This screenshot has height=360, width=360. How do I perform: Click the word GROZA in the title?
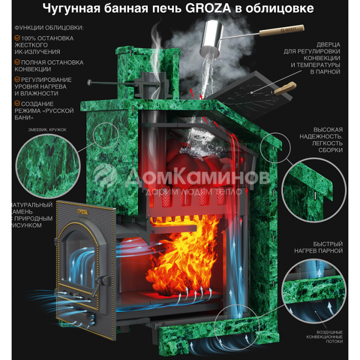pyautogui.click(x=208, y=8)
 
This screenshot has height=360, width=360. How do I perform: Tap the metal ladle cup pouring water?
pyautogui.click(x=212, y=38)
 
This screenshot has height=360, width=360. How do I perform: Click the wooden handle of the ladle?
pyautogui.click(x=282, y=30)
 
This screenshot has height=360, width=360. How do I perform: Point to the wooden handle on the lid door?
pyautogui.click(x=285, y=88)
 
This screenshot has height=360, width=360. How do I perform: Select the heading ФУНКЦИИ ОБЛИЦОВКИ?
pyautogui.click(x=49, y=28)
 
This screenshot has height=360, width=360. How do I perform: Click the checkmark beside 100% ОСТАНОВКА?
pyautogui.click(x=18, y=38)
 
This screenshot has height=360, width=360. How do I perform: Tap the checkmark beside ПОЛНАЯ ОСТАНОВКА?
pyautogui.click(x=18, y=62)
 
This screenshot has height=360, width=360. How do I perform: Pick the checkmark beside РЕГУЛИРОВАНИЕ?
pyautogui.click(x=18, y=79)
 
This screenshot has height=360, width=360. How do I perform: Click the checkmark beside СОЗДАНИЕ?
pyautogui.click(x=18, y=104)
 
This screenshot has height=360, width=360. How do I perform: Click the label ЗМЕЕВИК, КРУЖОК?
pyautogui.click(x=47, y=130)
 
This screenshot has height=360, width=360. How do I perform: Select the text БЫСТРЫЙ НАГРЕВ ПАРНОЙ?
pyautogui.click(x=318, y=247)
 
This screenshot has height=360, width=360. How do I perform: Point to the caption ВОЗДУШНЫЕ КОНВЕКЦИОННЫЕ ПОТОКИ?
pyautogui.click(x=325, y=337)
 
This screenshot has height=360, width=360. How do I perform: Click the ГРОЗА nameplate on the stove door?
pyautogui.click(x=82, y=212)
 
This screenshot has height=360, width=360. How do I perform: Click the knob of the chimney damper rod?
pyautogui.click(x=90, y=83)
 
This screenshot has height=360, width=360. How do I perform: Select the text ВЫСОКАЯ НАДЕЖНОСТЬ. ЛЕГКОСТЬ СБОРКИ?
pyautogui.click(x=321, y=140)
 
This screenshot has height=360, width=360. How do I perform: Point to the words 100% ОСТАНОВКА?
pyautogui.click(x=48, y=38)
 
